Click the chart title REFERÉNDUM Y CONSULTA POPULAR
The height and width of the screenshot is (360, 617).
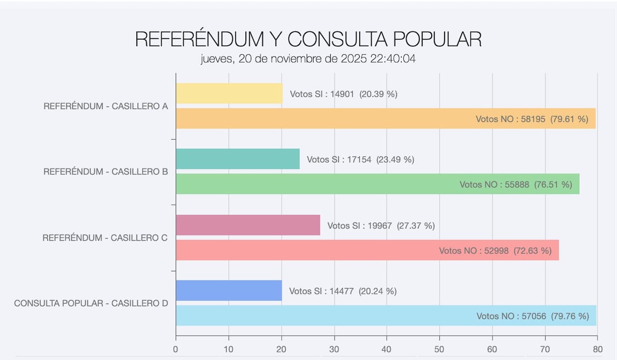pos(308,39)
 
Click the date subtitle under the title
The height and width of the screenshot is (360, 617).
pos(308,59)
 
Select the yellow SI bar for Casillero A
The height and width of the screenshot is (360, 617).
pos(229,93)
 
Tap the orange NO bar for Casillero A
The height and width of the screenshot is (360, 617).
pos(322,119)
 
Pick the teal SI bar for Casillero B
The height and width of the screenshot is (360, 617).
pos(237,159)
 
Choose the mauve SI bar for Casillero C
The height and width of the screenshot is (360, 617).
pos(248,225)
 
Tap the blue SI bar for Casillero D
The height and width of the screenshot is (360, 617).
pos(229,291)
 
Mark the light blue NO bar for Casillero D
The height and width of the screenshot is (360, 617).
pos(322,316)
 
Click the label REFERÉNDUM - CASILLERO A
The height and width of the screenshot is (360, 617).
pos(106,106)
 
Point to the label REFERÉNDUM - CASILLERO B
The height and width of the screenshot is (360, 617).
pos(106,172)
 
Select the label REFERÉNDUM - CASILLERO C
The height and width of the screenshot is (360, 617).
pos(105,237)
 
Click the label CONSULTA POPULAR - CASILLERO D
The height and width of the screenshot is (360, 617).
pos(91,303)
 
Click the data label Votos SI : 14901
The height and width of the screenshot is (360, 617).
pos(344,94)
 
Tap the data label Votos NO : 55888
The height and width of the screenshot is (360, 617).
pos(516,185)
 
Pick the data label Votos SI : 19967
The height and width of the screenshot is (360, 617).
pos(381,226)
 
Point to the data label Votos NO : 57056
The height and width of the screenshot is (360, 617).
pos(533,316)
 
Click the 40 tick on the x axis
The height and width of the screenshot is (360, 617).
pos(387,349)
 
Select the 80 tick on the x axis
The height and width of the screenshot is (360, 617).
pos(597,349)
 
